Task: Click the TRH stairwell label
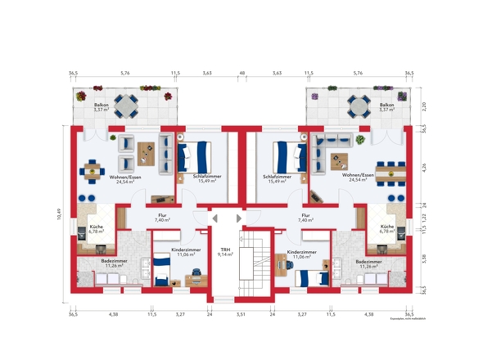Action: coord(225,251)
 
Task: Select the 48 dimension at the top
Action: coord(241,74)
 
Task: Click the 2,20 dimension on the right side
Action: coord(423,106)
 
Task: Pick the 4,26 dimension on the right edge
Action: coord(423,171)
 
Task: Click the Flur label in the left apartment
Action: coord(161,218)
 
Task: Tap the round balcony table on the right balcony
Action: coord(358,106)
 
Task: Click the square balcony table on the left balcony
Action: coord(125,106)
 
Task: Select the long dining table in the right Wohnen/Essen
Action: coord(390,171)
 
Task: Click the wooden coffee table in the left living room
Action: coord(147,151)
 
